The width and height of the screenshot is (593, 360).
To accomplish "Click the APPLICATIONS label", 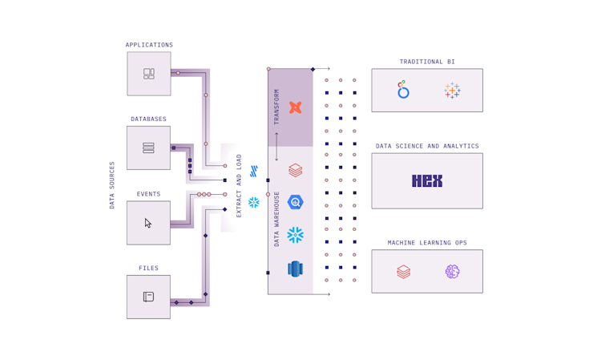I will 149,45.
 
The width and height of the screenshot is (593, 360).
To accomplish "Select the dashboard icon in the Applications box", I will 149,74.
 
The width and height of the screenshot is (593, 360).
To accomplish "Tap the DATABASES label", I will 148,119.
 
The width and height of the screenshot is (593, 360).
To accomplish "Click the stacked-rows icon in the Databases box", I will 148,148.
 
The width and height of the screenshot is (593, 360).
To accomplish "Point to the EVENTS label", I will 148,194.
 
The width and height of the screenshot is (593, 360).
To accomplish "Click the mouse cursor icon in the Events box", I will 148,223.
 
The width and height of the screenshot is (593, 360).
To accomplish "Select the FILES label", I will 148,269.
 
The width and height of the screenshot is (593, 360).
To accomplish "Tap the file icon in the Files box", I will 148,297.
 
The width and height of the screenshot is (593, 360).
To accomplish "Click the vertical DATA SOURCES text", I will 112,185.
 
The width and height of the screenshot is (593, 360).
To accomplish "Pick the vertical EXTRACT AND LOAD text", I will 239,185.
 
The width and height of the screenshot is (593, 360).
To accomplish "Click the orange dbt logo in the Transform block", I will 295,107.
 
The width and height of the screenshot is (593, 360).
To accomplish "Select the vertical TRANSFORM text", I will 277,107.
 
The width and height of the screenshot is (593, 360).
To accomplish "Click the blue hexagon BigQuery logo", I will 295,203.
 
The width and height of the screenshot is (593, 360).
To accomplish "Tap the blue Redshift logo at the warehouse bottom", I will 295,269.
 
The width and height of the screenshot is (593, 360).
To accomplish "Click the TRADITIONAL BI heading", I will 427,62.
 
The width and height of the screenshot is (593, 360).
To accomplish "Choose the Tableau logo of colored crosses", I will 453,91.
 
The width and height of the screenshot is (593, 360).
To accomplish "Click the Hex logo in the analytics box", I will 427,181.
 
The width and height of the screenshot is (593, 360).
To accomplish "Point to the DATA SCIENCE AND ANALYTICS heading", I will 427,147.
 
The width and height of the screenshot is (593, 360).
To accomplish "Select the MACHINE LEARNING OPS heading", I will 427,243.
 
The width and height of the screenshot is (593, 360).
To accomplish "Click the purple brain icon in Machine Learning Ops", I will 453,272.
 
